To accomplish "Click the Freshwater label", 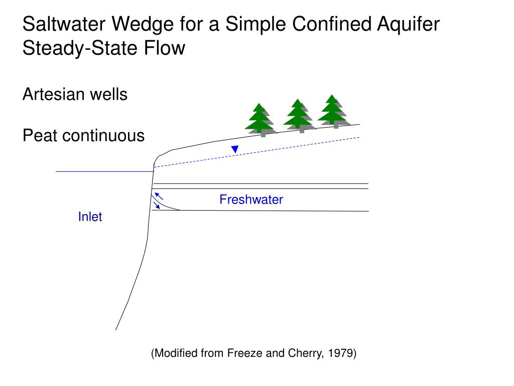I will click(x=251, y=200).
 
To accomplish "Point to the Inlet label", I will click(x=90, y=217).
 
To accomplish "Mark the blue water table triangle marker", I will click(x=234, y=149).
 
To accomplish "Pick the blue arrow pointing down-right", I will click(x=157, y=205).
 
